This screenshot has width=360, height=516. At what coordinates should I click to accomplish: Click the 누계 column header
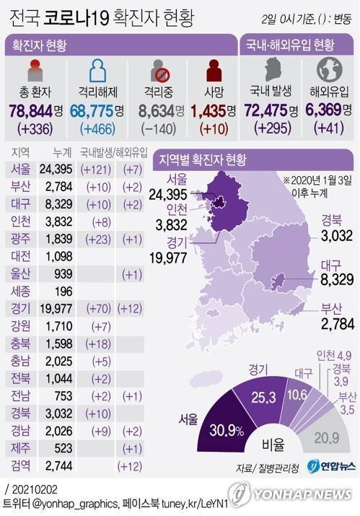62,153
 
